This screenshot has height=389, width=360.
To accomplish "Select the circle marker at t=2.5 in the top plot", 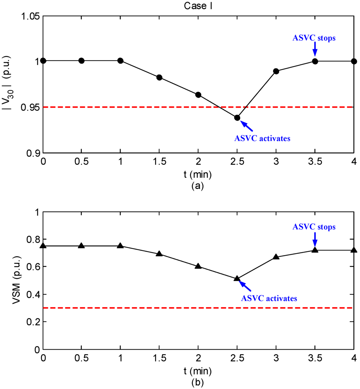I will (x=237, y=118).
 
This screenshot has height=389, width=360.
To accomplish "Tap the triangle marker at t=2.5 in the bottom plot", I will (x=237, y=278).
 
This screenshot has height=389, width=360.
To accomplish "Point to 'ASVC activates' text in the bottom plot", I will (x=269, y=298).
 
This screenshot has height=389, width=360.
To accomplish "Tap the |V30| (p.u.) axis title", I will (x=12, y=84).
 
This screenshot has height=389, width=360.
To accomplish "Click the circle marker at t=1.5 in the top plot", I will (x=159, y=77).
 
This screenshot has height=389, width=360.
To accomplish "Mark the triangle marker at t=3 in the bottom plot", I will (x=276, y=257).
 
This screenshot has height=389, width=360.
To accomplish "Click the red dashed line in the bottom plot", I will (x=141, y=308).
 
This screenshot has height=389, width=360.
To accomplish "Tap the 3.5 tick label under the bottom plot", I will (x=315, y=359).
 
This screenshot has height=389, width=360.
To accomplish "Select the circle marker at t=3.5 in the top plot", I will (x=315, y=61).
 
